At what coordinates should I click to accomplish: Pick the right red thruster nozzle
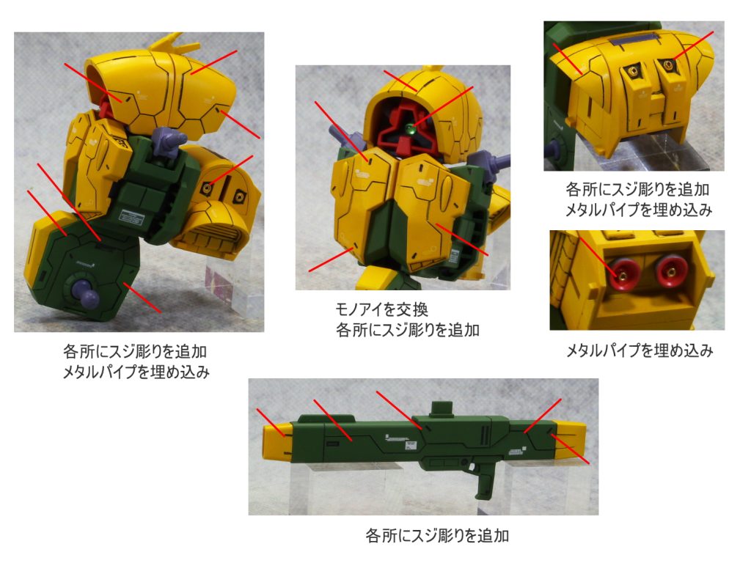(670, 272)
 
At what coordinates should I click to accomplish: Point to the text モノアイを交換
(381, 310)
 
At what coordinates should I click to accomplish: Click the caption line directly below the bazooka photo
(437, 535)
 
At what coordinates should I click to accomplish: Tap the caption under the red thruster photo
(640, 351)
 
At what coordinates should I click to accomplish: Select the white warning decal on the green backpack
(131, 217)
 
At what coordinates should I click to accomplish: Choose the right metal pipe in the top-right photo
(667, 63)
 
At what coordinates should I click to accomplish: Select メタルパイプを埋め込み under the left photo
(136, 372)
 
